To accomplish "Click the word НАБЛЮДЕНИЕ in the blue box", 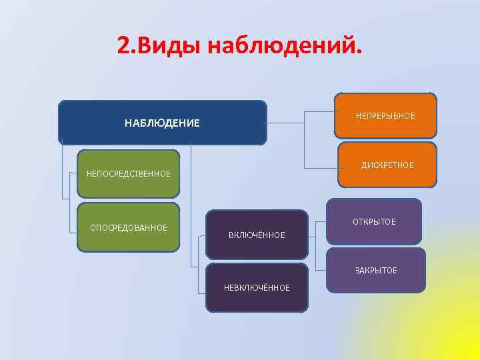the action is (x=162, y=123).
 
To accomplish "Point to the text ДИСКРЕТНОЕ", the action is (x=387, y=165).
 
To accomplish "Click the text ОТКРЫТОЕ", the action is (x=374, y=222).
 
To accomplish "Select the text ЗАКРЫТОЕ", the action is (x=376, y=271).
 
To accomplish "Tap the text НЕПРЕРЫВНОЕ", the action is (x=385, y=116).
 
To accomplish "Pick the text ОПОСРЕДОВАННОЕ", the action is (x=129, y=228).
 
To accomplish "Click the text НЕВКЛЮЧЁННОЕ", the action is (x=257, y=288).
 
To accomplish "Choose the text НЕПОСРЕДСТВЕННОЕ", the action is (x=129, y=174).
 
